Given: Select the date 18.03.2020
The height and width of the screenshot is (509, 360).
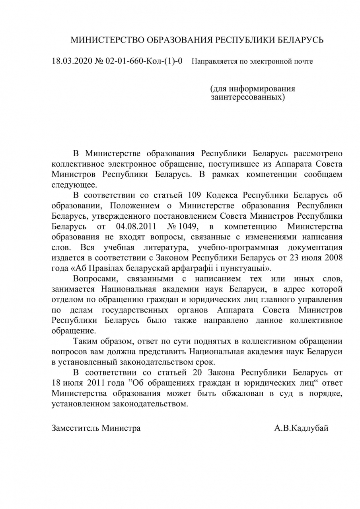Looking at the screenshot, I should pyautogui.click(x=72, y=61).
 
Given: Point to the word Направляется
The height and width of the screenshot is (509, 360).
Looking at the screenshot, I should pyautogui.click(x=213, y=62).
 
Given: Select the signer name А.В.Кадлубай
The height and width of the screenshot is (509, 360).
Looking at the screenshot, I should pyautogui.click(x=301, y=428).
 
